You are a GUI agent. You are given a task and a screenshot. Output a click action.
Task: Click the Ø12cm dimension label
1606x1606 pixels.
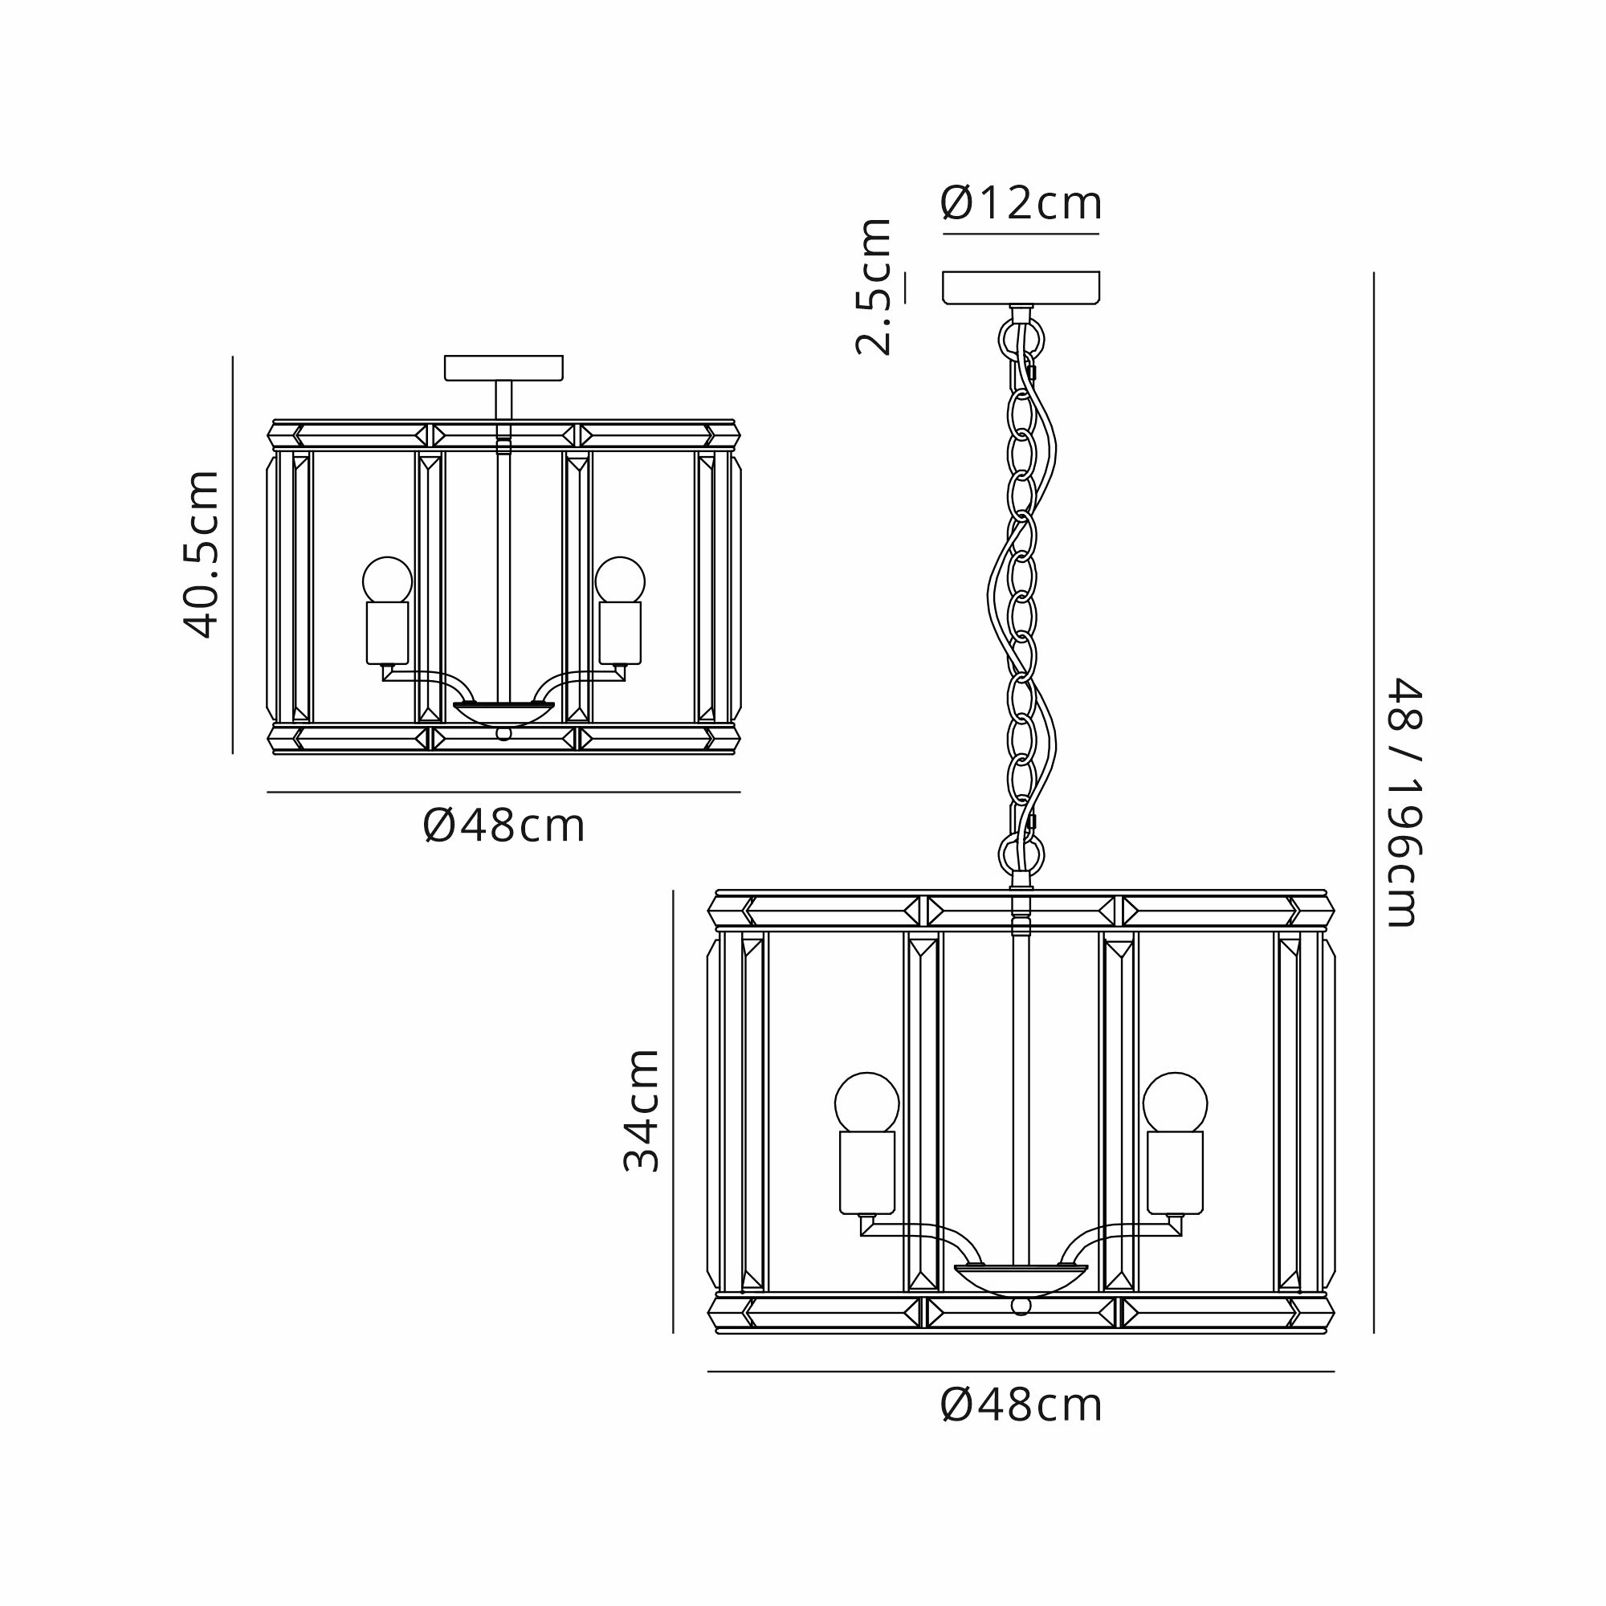coord(1021,203)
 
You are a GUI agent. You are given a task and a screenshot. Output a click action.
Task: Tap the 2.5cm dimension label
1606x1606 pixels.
coord(874,287)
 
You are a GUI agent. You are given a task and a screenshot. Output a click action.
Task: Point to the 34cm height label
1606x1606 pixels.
coord(641,1111)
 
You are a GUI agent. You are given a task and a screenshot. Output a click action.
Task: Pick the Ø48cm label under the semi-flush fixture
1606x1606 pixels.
coord(503,825)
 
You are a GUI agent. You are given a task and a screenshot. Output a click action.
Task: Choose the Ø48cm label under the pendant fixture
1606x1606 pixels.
coord(1021,1406)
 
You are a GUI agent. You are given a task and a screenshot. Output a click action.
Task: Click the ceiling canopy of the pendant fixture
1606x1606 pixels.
coord(1021,287)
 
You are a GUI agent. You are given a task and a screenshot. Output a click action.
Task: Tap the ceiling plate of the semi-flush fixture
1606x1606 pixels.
coord(503,368)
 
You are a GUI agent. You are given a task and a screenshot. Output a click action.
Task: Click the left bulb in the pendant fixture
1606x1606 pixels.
coord(867,1103)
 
